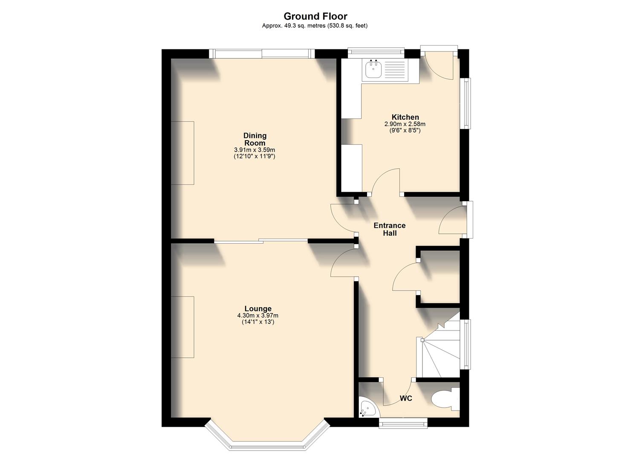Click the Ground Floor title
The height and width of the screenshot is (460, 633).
click(x=315, y=16)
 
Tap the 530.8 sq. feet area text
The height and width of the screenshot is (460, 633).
click(x=346, y=26)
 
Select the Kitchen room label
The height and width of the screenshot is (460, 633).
click(x=405, y=117)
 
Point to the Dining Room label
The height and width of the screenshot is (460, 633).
click(x=255, y=139)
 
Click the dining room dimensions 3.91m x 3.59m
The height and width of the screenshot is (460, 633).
click(x=254, y=150)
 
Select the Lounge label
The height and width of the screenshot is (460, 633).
click(x=258, y=309)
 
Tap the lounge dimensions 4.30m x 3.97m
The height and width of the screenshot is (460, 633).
click(x=257, y=316)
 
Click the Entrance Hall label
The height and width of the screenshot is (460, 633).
click(x=390, y=229)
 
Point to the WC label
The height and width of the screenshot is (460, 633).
click(x=406, y=399)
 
